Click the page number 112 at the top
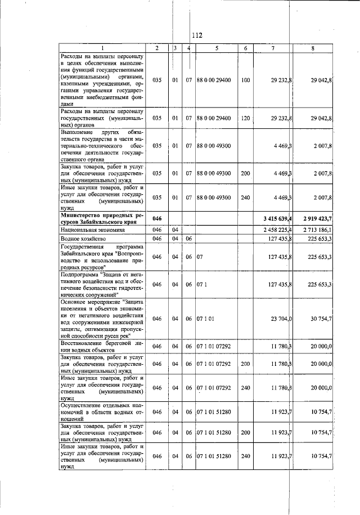point(196,35)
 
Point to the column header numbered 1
point(102,48)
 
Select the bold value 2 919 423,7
point(312,219)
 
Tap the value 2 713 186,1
point(313,230)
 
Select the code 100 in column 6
point(245,80)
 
